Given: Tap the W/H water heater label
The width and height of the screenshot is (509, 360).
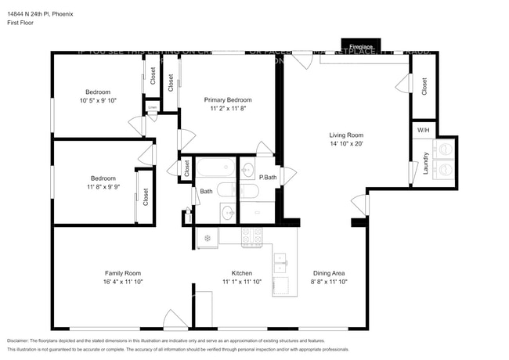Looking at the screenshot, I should [423, 130].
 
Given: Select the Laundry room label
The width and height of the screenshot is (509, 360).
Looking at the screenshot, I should [425, 163].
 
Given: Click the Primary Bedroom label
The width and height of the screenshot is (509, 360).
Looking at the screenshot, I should [228, 100].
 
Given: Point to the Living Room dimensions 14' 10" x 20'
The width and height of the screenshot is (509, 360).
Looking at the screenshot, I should [346, 144].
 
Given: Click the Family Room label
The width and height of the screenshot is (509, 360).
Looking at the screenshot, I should [123, 273].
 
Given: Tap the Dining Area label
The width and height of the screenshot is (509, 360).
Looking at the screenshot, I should [329, 273].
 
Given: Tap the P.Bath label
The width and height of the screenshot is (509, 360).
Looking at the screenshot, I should [269, 177].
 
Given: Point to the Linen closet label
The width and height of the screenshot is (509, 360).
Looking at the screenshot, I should [152, 107].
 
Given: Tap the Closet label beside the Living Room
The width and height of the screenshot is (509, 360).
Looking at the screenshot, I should [424, 86].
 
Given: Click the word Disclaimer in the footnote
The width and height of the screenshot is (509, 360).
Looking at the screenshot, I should [20, 341].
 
